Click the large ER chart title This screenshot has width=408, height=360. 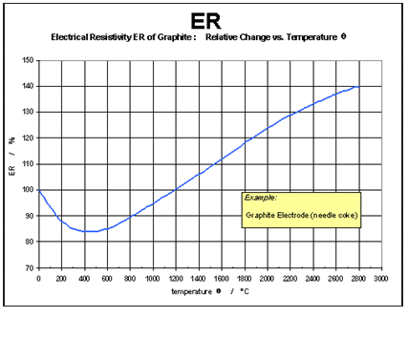click(x=203, y=20)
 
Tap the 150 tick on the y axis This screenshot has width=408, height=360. click(x=28, y=60)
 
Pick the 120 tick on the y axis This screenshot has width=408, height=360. click(x=28, y=138)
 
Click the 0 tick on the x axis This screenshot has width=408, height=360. click(x=38, y=278)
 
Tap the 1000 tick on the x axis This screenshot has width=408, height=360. click(x=152, y=278)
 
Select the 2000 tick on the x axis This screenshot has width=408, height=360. click(x=266, y=278)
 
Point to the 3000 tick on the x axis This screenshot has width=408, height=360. click(x=379, y=278)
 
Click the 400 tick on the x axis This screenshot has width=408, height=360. click(x=84, y=278)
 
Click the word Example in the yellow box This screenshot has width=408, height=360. click(x=260, y=198)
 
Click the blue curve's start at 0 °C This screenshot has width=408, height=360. click(x=39, y=191)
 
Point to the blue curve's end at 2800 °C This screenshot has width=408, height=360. click(x=356, y=87)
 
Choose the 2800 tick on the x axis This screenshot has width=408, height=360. click(x=356, y=278)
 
